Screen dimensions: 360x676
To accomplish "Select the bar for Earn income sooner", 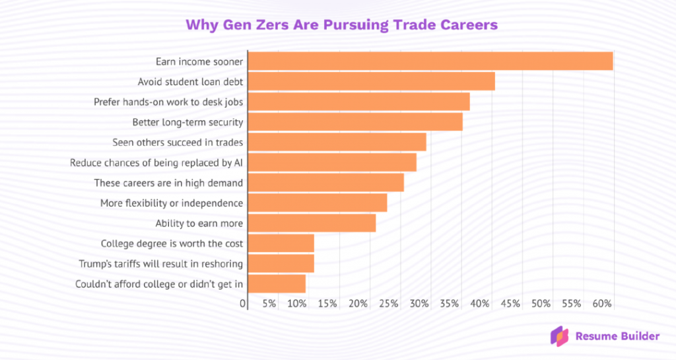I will point(430,61).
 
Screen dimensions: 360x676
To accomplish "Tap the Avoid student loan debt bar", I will point(371,82).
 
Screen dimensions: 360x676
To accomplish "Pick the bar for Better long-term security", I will point(355,122).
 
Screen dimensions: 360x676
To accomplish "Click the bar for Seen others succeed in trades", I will point(337,142).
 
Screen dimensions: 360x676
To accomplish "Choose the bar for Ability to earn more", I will point(312,223).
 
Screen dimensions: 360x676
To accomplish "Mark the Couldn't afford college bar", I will point(277,284).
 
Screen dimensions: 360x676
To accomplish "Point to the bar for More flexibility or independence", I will point(317,203).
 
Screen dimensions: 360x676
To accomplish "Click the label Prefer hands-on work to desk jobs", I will point(168,102).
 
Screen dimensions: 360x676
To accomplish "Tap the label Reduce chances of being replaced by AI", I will point(156,162).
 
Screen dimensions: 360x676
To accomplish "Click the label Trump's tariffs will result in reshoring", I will point(160,264).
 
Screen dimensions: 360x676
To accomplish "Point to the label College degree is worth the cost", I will point(172,244).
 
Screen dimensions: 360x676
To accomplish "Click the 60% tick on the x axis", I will point(603,304).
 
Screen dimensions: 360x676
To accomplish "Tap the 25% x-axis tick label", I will point(389,304).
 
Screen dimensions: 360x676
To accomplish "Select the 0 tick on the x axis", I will point(244,304).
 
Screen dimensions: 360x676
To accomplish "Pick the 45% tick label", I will point(511,304).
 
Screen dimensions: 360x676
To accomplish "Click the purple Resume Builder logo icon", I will point(560,336).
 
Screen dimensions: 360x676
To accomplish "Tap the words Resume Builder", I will point(617,336).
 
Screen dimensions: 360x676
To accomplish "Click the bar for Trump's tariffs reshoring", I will point(281,264).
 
